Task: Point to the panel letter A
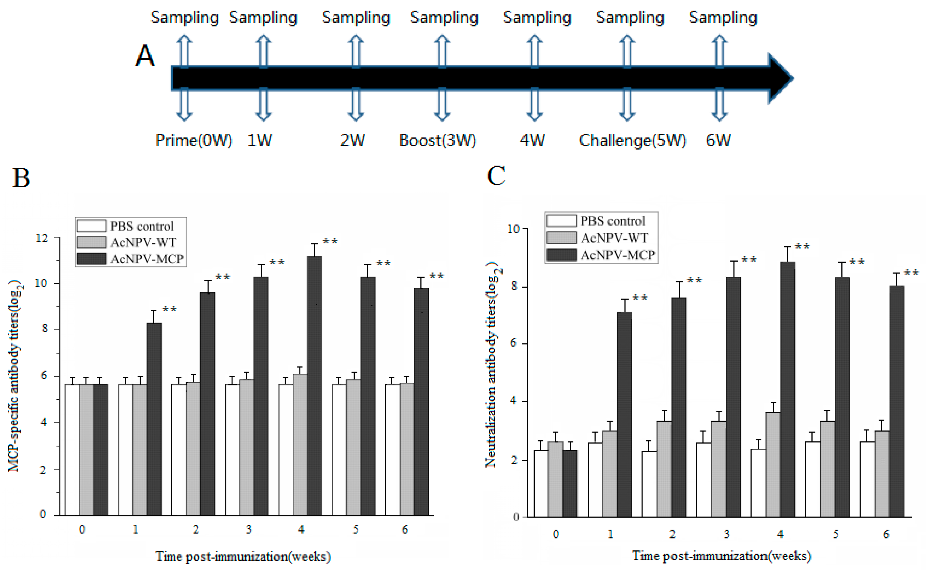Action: [145, 56]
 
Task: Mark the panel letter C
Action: [496, 176]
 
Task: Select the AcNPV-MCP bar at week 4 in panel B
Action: [314, 385]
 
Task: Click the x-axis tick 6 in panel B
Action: [405, 530]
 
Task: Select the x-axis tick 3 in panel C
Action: [726, 534]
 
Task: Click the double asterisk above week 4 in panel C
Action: [802, 247]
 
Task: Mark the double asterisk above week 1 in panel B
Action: [169, 309]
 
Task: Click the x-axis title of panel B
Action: [243, 556]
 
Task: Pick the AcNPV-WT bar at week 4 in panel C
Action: [773, 464]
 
